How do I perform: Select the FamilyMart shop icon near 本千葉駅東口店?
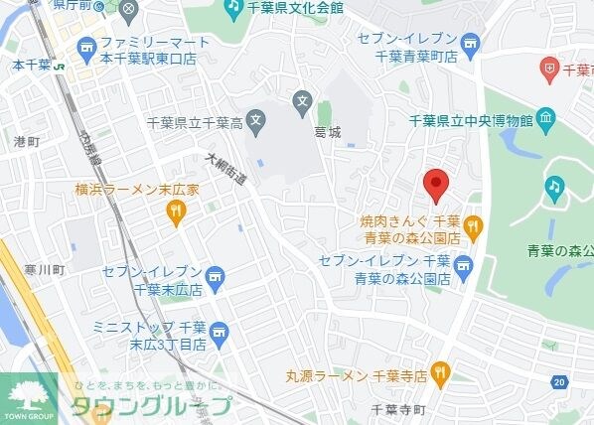click(86, 46)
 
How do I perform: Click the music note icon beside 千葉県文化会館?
click(232, 9)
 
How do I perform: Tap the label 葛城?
click(327, 131)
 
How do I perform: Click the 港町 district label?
click(26, 142)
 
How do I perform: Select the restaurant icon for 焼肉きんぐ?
click(472, 226)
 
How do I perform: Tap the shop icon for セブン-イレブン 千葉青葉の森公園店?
click(463, 266)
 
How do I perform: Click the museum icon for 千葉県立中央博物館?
click(544, 119)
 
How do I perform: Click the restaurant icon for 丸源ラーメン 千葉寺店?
click(441, 375)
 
